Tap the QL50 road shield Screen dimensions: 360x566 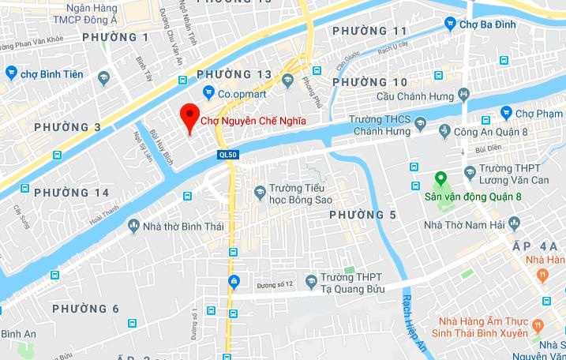[229, 156]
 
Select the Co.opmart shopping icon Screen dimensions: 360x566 [208, 92]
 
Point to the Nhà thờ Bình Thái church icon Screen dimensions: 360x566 [133, 227]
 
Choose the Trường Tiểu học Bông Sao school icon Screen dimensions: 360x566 [260, 192]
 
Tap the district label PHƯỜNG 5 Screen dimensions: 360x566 [362, 216]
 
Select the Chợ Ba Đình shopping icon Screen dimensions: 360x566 [450, 24]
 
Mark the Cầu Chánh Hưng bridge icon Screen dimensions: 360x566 [463, 94]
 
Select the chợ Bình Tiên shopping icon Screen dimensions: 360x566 [11, 73]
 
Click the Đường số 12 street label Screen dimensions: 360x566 [276, 284]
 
